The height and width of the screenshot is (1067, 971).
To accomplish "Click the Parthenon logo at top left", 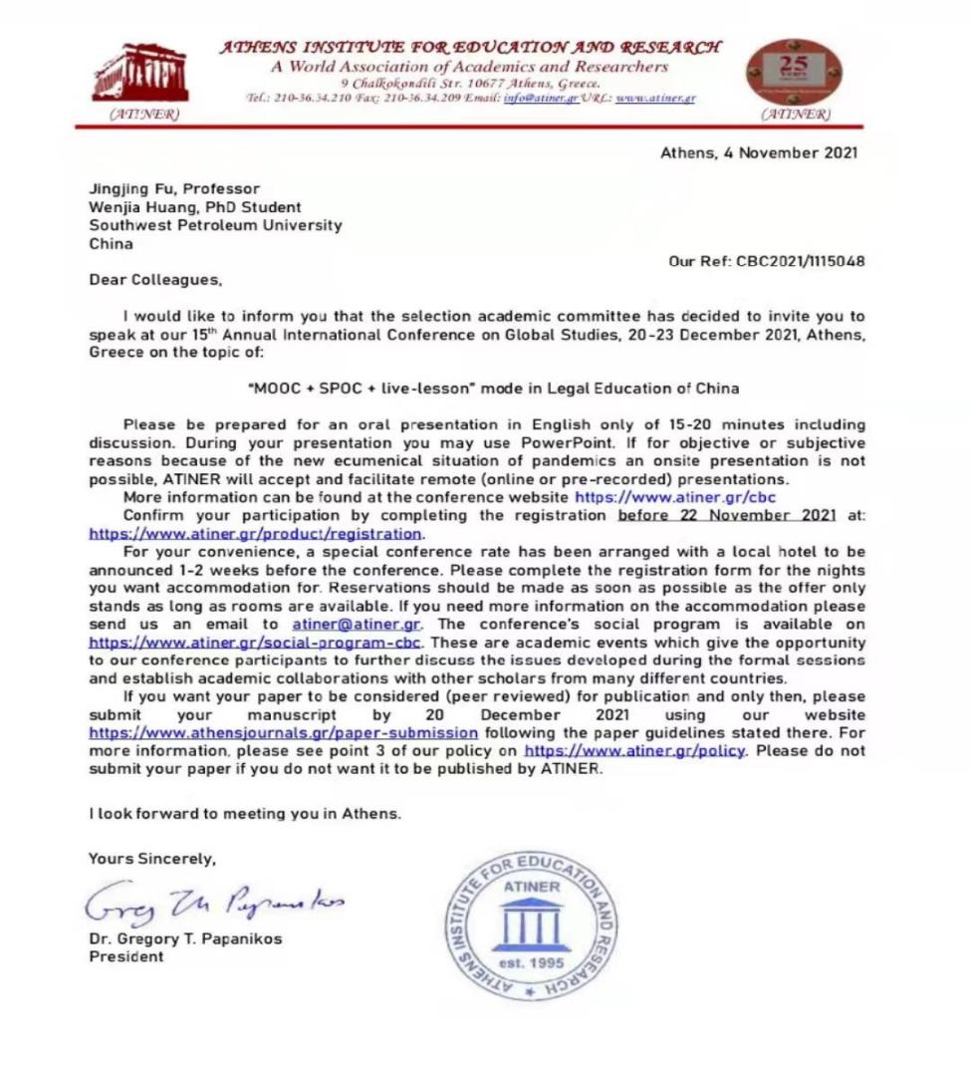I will (139, 73).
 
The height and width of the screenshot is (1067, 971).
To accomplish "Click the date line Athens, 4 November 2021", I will (758, 153).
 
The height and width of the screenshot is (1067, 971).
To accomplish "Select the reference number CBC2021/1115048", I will (801, 261).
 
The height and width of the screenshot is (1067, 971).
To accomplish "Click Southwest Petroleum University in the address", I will (215, 225).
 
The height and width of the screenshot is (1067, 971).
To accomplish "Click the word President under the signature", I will (126, 956).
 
